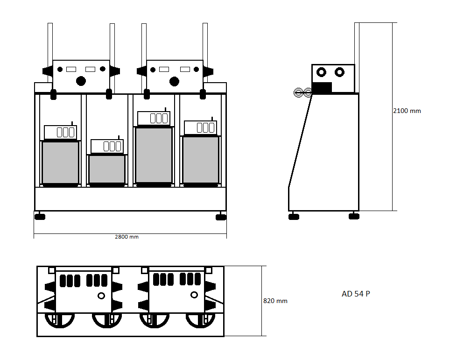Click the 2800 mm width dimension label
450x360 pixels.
click(x=127, y=237)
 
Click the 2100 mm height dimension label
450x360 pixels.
click(x=407, y=111)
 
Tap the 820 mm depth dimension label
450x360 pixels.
click(x=275, y=301)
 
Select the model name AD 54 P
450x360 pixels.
click(x=356, y=294)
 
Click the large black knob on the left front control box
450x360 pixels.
click(x=81, y=81)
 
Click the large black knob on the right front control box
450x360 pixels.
click(x=174, y=81)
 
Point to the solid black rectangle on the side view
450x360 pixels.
click(x=322, y=88)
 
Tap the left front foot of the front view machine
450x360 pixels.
click(x=40, y=217)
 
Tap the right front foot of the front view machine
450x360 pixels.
click(x=221, y=217)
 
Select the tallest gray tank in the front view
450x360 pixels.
click(x=154, y=155)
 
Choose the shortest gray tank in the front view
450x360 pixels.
click(x=107, y=169)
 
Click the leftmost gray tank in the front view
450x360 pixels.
click(x=60, y=162)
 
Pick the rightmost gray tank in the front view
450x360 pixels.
click(x=201, y=160)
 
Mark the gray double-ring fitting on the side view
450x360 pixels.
click(x=303, y=93)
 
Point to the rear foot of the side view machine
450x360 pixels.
click(x=354, y=217)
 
